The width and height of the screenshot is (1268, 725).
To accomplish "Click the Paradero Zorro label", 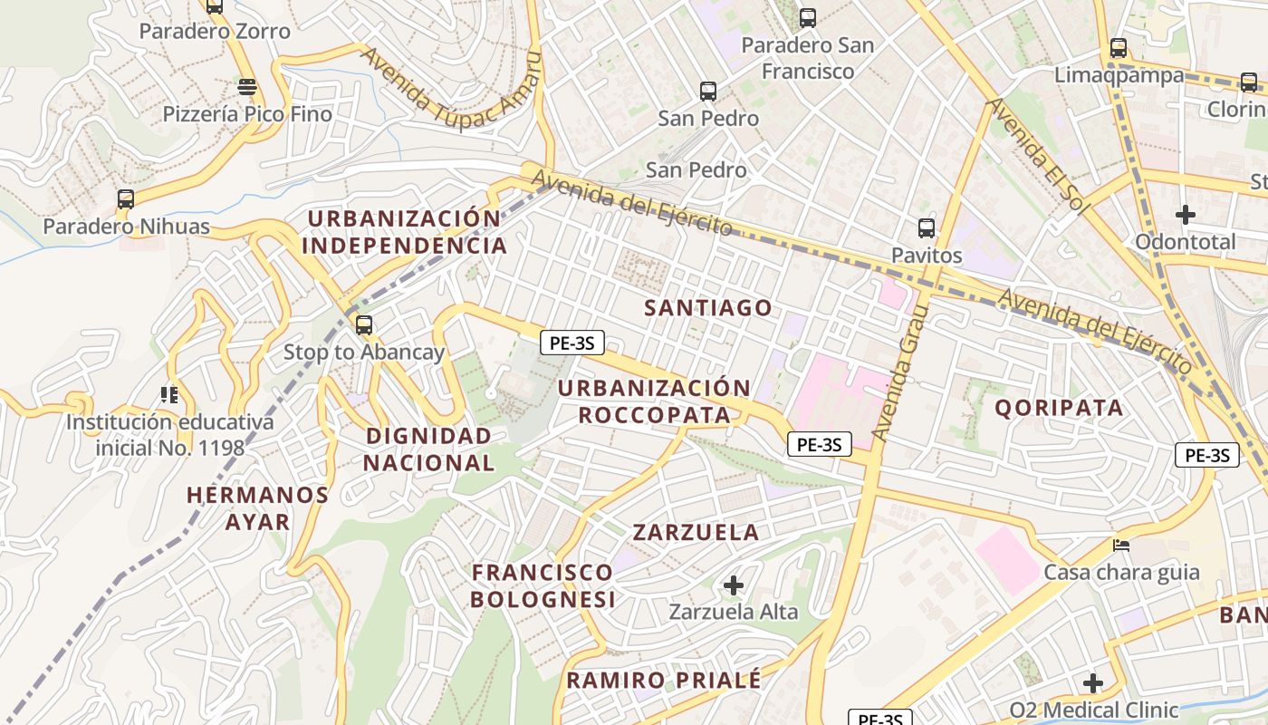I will coord(215,32).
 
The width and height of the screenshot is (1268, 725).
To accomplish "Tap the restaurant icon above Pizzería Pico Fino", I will coord(246,87).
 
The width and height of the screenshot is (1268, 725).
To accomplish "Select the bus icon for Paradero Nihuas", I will coord(126,198).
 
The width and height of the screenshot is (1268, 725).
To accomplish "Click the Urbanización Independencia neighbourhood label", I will coord(404,232).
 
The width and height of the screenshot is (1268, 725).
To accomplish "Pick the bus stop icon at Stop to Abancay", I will coord(364,324).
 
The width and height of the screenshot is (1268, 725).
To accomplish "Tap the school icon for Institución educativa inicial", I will coord(169,394).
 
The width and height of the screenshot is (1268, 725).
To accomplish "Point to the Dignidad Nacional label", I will coord(428,449).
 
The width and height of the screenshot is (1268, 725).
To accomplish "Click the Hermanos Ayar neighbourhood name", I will coord(257,507).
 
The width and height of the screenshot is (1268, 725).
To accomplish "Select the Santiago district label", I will coord(708,308).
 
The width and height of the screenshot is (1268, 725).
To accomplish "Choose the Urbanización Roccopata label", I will coord(654,401).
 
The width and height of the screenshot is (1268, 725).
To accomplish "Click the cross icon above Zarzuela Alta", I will coord(734,585).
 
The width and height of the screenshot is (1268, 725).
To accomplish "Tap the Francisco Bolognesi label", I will coord(542,585).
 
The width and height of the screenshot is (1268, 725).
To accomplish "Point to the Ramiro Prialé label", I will coord(663,680).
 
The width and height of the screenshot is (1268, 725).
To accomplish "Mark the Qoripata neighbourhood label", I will coord(1059,408).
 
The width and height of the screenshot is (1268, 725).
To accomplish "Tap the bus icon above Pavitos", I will coord(926,227).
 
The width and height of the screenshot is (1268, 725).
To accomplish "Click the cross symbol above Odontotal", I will coord(1185,215).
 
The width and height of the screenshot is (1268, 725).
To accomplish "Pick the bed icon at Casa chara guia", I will coord(1121,545).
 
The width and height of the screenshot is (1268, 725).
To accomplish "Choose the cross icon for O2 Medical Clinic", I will coord(1093,682).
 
